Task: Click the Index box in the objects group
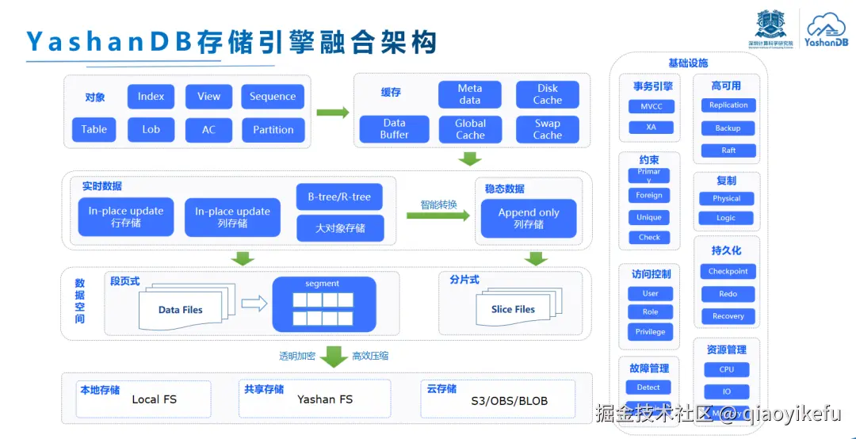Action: pyautogui.click(x=151, y=97)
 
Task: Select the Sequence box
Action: pyautogui.click(x=273, y=97)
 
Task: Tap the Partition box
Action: pyautogui.click(x=273, y=130)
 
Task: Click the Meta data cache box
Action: pyautogui.click(x=470, y=94)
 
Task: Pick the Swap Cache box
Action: pyautogui.click(x=547, y=129)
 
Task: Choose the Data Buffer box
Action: pyautogui.click(x=394, y=129)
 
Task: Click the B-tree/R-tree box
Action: pyautogui.click(x=340, y=197)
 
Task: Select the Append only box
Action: pyautogui.click(x=529, y=218)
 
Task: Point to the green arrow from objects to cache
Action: pyautogui.click(x=332, y=113)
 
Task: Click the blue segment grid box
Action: pyautogui.click(x=323, y=304)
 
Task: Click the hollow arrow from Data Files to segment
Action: pyautogui.click(x=254, y=303)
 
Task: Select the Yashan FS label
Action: pyautogui.click(x=325, y=399)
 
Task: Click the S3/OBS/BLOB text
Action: pyautogui.click(x=509, y=400)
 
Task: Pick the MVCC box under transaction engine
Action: pyautogui.click(x=651, y=106)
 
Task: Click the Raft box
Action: pyautogui.click(x=728, y=151)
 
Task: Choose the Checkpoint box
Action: pyautogui.click(x=728, y=272)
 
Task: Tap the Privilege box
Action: pyautogui.click(x=650, y=332)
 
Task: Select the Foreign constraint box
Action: pyautogui.click(x=649, y=195)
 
